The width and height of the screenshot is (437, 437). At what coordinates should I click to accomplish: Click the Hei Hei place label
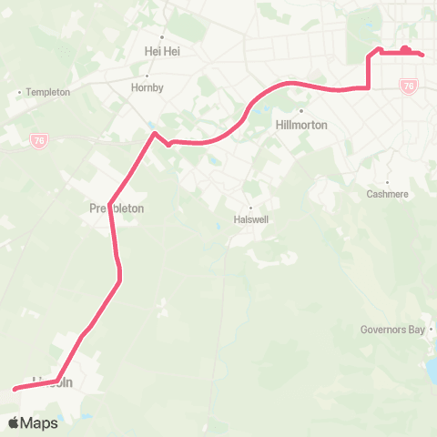tap(163, 52)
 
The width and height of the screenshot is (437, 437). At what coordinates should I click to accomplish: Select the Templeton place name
tap(47, 92)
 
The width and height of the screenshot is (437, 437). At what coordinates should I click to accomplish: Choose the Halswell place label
tap(251, 219)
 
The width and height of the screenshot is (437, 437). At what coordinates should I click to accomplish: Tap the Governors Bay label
tap(393, 330)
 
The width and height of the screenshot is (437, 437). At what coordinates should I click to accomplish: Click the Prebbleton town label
tap(117, 208)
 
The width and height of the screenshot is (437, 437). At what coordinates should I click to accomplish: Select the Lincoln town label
tap(52, 382)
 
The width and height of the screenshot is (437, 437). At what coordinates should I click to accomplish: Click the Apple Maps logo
tap(34, 422)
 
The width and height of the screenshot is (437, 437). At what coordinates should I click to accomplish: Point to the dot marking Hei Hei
tap(163, 37)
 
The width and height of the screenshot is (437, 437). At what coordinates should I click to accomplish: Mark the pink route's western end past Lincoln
tap(15, 389)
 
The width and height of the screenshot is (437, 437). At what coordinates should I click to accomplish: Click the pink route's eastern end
tap(423, 55)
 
